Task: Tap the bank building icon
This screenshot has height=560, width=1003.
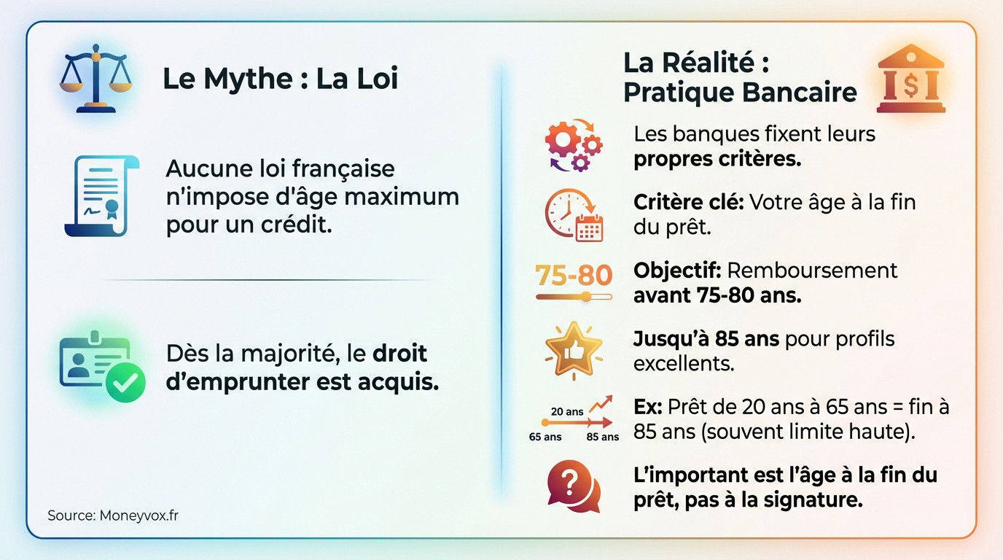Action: pyautogui.click(x=910, y=79)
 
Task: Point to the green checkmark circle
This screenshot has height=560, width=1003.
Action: pyautogui.click(x=125, y=381)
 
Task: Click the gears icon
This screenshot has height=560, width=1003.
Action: pyautogui.click(x=574, y=144)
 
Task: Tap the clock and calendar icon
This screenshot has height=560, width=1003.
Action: pyautogui.click(x=574, y=215)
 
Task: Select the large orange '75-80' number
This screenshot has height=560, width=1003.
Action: pyautogui.click(x=574, y=275)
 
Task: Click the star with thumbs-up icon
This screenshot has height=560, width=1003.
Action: pyautogui.click(x=574, y=349)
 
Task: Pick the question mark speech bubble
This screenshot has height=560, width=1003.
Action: pyautogui.click(x=574, y=486)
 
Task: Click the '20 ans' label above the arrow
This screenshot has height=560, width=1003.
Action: pyautogui.click(x=567, y=411)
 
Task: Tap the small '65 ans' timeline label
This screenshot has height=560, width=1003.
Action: pyautogui.click(x=545, y=437)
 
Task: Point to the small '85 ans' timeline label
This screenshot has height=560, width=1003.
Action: pyautogui.click(x=603, y=437)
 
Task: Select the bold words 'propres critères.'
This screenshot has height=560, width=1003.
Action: pyautogui.click(x=717, y=159)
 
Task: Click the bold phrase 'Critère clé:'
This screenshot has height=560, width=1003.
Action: pyautogui.click(x=688, y=202)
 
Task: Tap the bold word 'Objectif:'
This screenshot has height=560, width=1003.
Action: pyautogui.click(x=677, y=271)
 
